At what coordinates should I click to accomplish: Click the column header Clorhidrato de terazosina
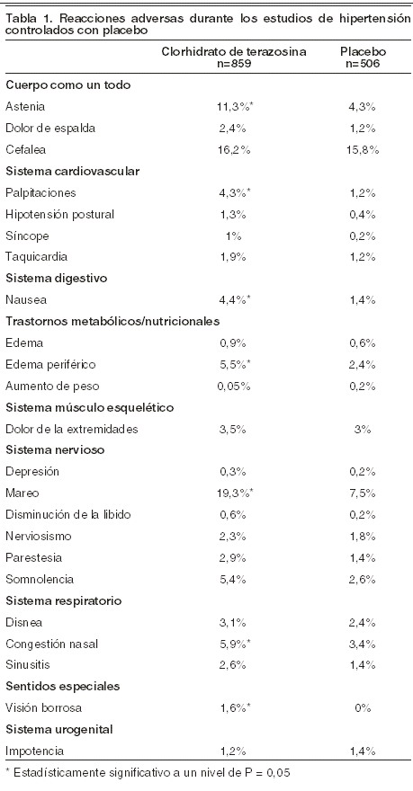pyautogui.click(x=234, y=52)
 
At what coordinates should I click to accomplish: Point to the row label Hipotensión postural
pyautogui.click(x=60, y=215)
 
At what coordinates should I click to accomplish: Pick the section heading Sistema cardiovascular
pyautogui.click(x=73, y=171)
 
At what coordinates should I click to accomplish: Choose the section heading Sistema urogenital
pyautogui.click(x=59, y=730)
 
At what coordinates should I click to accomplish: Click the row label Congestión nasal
pyautogui.click(x=51, y=644)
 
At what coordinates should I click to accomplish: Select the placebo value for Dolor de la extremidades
pyautogui.click(x=364, y=430)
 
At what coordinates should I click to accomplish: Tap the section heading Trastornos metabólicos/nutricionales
pyautogui.click(x=112, y=322)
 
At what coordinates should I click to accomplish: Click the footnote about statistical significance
pyautogui.click(x=148, y=772)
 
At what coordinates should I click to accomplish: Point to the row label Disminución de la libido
pyautogui.click(x=68, y=514)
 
